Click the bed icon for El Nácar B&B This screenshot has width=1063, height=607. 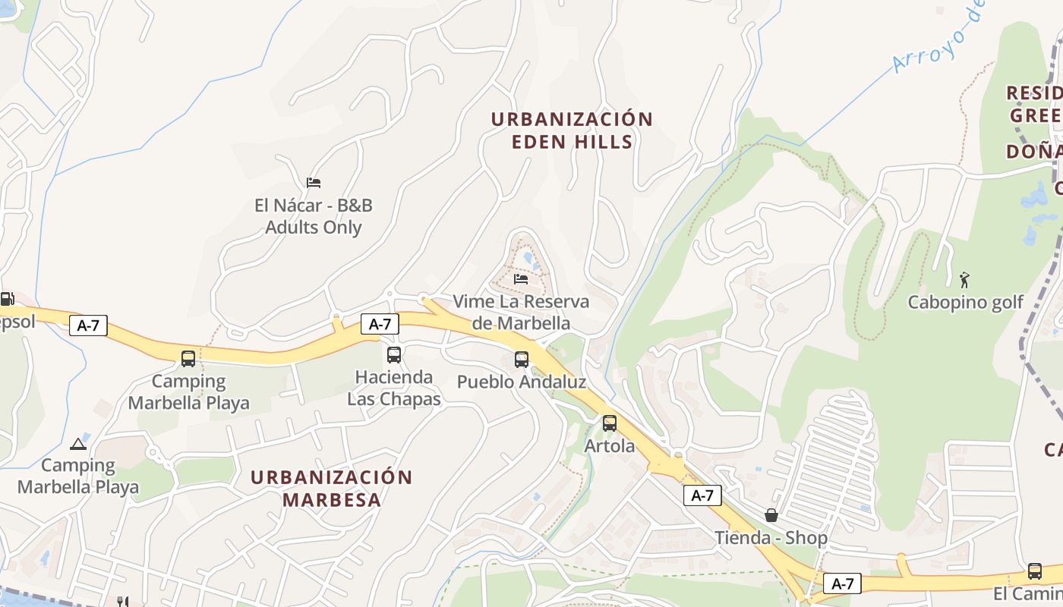(314, 182)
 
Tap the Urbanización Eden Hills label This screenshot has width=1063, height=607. (571, 131)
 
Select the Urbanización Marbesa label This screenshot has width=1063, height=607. (331, 488)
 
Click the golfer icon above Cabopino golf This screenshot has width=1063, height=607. (965, 279)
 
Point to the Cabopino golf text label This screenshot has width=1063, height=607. (966, 302)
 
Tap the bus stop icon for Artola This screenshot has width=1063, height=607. (610, 423)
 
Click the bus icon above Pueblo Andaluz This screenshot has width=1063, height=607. (522, 360)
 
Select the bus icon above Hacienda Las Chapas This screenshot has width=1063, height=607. (394, 354)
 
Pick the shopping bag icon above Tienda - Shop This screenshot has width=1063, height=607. (771, 515)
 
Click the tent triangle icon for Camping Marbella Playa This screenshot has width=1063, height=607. (77, 444)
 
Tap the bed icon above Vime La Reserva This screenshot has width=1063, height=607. (521, 279)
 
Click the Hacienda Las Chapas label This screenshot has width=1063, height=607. (394, 388)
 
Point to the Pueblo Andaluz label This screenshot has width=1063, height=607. (522, 382)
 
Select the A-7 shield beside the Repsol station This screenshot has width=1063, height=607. (88, 326)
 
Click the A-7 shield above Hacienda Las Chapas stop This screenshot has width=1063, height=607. (380, 324)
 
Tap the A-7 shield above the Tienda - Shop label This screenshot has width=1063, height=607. (702, 495)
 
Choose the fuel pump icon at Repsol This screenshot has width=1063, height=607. (7, 299)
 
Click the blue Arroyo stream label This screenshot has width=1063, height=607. (938, 38)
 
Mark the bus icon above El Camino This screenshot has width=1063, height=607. (1035, 571)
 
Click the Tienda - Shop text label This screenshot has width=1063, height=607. (771, 538)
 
